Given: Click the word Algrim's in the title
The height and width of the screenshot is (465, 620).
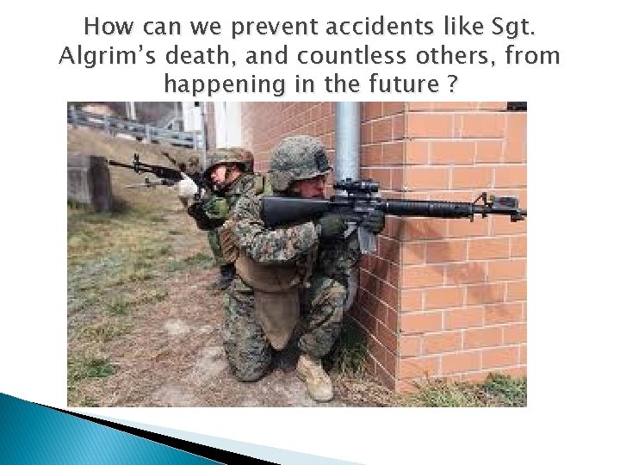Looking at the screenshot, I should pyautogui.click(x=102, y=57).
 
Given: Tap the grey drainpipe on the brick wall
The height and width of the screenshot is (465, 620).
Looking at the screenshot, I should pyautogui.click(x=348, y=138).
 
